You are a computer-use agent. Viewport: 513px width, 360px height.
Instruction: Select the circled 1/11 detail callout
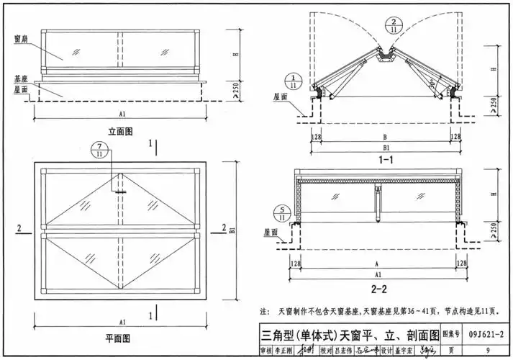coord(293,81)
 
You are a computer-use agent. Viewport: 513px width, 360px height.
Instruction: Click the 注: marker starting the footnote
coord(263,312)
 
